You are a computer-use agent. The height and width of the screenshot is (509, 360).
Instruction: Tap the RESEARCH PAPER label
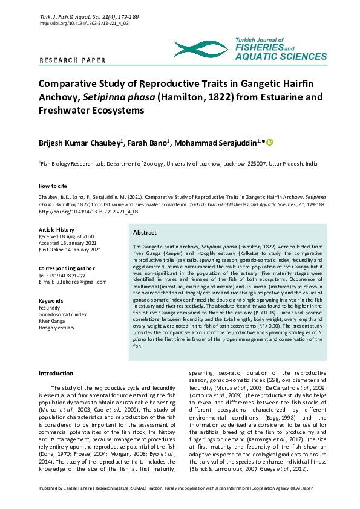(72, 60)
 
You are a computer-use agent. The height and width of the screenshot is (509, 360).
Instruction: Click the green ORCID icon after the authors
(270, 142)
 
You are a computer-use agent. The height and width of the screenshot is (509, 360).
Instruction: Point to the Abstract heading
(145, 233)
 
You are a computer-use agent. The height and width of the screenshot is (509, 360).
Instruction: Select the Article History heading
(56, 230)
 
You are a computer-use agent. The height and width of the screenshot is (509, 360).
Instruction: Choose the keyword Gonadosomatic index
(62, 314)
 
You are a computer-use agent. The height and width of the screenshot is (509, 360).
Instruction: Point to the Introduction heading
(56, 374)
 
